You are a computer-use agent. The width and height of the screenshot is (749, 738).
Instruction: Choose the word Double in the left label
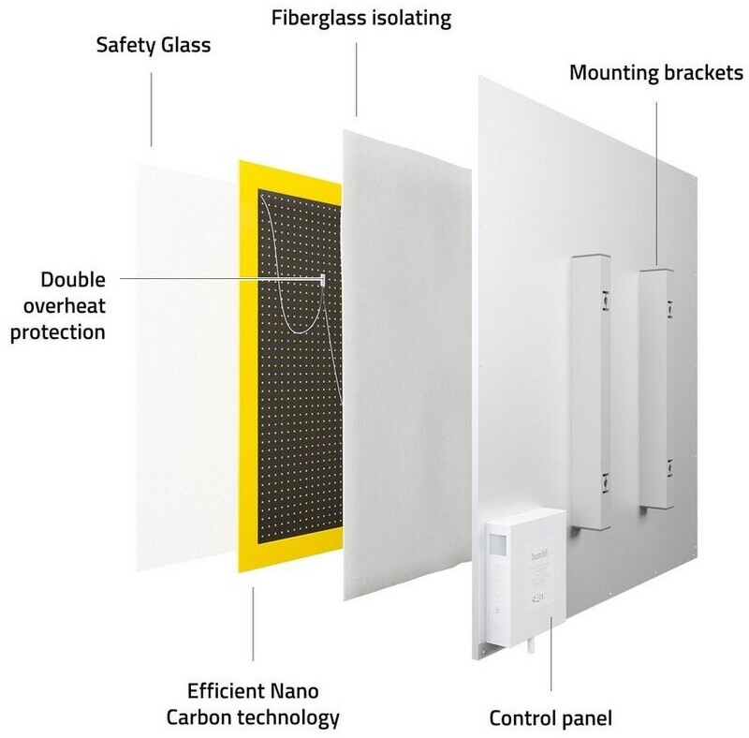click(74, 279)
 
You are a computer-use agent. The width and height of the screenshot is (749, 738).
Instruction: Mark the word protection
click(57, 332)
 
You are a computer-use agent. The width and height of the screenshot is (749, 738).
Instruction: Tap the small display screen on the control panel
click(497, 544)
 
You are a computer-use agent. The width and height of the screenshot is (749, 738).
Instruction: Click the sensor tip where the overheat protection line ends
click(321, 279)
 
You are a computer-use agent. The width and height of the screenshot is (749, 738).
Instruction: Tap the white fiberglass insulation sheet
click(407, 365)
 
